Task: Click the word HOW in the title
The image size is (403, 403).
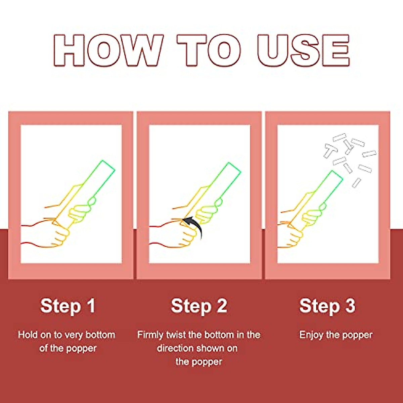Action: pos(108,50)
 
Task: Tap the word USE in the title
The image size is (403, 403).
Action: pos(304,50)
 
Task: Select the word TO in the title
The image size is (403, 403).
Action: pos(209,50)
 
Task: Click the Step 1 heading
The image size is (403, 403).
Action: pos(68,306)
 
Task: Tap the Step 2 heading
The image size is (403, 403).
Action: pos(199,306)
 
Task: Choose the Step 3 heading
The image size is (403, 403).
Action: pos(327,306)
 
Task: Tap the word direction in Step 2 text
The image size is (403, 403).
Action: pos(175,348)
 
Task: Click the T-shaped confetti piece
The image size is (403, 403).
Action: pos(330,150)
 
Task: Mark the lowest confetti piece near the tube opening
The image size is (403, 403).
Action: pos(357,183)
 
